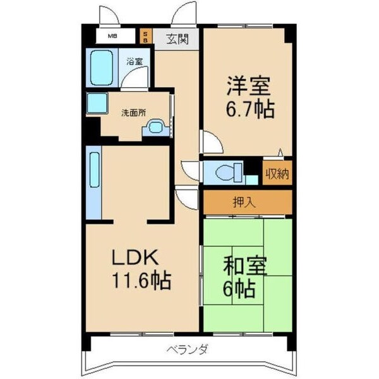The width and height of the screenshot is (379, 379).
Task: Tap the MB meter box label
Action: pyautogui.click(x=111, y=36)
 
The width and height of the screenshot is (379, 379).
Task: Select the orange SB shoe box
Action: pyautogui.click(x=145, y=36)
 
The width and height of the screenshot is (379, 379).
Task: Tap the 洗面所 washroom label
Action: pyautogui.click(x=133, y=113)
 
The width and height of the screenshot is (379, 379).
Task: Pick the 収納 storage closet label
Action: pyautogui.click(x=277, y=173)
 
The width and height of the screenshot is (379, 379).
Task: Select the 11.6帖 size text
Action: pyautogui.click(x=142, y=280)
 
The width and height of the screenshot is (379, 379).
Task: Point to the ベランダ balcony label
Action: pyautogui.click(x=188, y=349)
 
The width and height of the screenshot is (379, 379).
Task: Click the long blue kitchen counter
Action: pyautogui.click(x=94, y=183)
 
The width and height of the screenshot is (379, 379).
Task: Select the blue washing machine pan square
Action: pyautogui.click(x=97, y=102)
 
